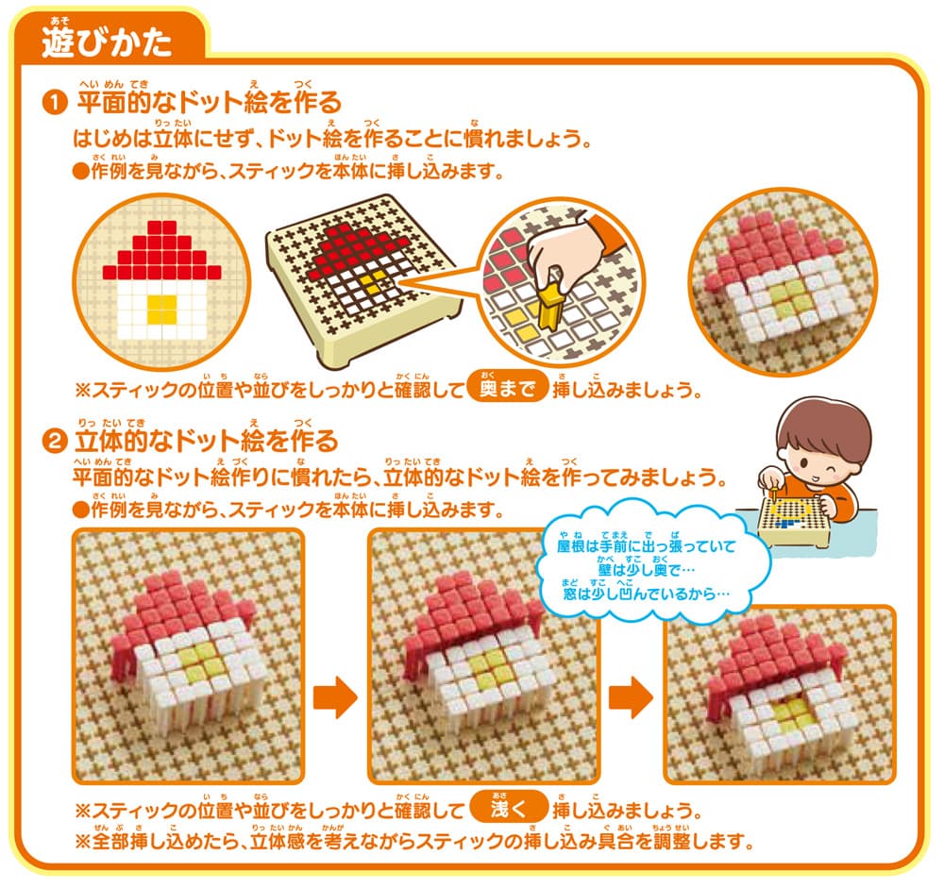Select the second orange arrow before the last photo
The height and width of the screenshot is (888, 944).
[630, 699]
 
